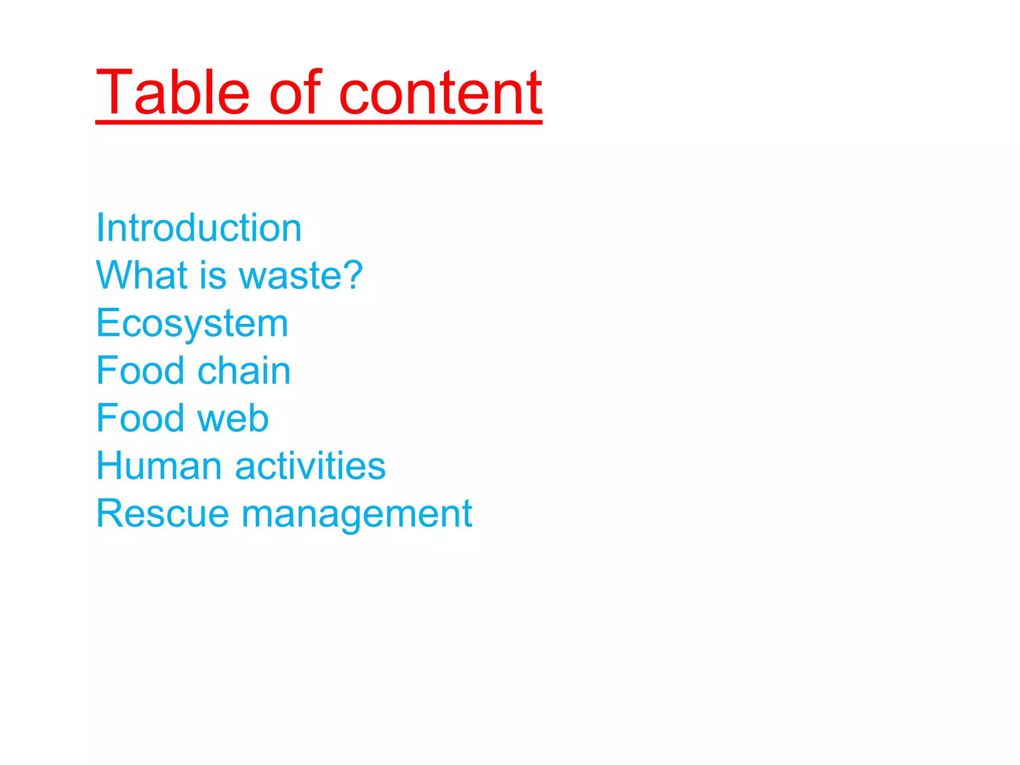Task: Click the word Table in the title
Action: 172,93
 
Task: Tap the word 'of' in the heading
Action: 295,93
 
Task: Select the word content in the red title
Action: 440,93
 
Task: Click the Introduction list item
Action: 199,228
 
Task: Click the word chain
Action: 244,371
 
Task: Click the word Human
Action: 159,466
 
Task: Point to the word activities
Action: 310,466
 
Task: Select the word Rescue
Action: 162,513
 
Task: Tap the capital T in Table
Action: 114,93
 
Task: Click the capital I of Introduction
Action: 100,228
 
